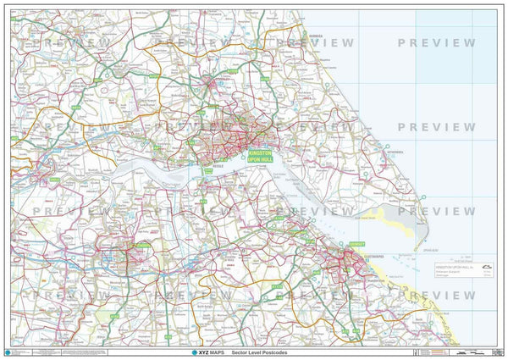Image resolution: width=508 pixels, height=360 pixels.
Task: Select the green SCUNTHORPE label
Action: (x=141, y=246)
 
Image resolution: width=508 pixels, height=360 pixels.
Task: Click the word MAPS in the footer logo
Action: (x=218, y=352)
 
